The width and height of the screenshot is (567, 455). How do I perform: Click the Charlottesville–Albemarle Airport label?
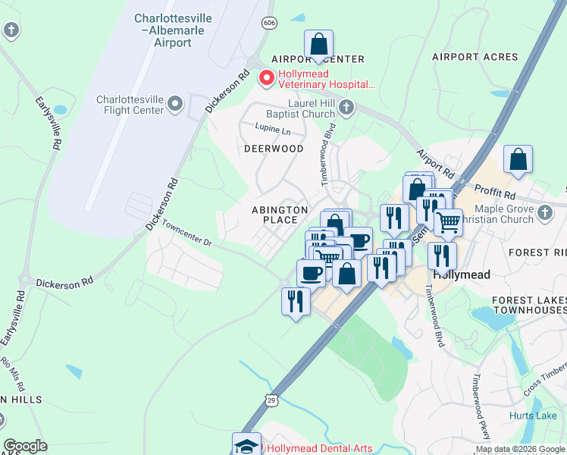[x=163, y=30]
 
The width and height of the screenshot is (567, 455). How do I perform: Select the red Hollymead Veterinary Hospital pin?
[x=266, y=78]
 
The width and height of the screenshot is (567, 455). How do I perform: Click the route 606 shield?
[x=268, y=23]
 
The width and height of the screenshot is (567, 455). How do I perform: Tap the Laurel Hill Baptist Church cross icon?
[x=346, y=107]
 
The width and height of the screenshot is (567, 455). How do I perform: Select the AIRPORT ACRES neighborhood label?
[x=475, y=57]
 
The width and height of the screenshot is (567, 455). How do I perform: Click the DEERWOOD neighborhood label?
[x=274, y=149]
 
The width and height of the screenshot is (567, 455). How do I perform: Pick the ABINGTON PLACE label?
[x=280, y=215]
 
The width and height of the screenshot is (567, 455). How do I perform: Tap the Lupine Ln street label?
[x=273, y=130]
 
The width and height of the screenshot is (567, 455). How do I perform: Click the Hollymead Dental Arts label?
[x=319, y=448]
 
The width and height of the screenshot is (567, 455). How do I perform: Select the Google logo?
[x=25, y=446]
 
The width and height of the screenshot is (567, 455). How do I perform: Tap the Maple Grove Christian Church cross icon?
[x=544, y=214]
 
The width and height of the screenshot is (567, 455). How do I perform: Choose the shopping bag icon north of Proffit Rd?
[x=518, y=160]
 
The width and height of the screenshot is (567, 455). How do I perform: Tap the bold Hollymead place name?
[x=461, y=275]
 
